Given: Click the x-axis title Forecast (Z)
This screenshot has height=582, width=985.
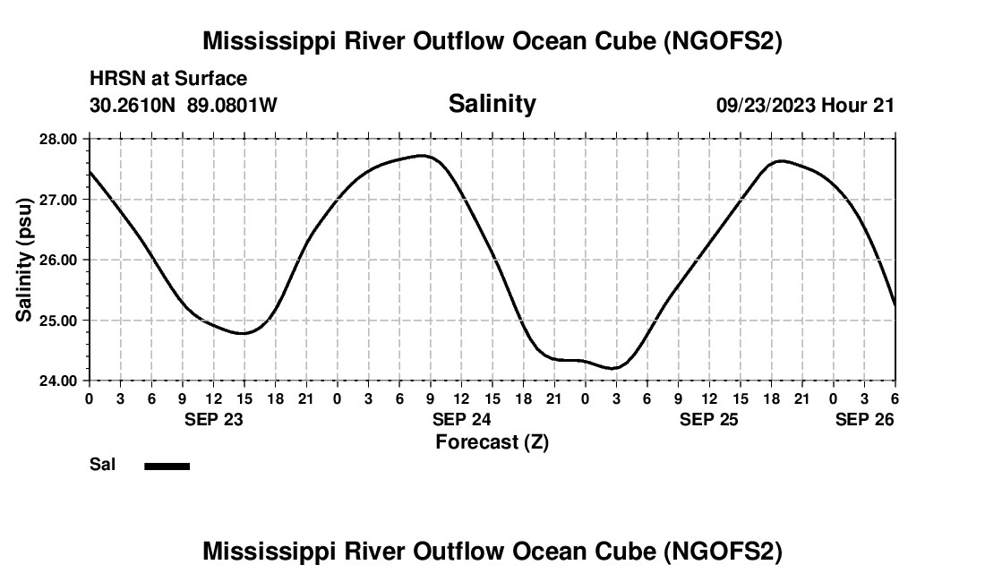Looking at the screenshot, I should click(x=492, y=441).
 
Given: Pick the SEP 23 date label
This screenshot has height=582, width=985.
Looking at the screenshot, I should click(x=214, y=419).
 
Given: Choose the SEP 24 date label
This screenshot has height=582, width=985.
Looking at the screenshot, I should click(x=461, y=419).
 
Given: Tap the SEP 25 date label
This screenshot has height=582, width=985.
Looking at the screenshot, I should click(x=709, y=419).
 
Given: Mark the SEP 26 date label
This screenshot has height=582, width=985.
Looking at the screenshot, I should click(x=864, y=419).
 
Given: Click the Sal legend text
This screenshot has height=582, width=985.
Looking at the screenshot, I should click(x=102, y=465).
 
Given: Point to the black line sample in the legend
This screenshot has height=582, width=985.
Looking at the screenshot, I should click(x=167, y=466).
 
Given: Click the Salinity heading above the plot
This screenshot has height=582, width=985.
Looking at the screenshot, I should click(x=492, y=104).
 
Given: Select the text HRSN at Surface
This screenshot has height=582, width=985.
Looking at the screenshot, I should click(x=168, y=80).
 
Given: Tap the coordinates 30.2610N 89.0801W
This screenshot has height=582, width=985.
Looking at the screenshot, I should click(x=184, y=105).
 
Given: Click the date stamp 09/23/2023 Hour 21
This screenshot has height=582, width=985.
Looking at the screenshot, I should click(x=805, y=105).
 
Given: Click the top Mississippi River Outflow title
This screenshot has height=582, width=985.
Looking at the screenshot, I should click(x=492, y=41).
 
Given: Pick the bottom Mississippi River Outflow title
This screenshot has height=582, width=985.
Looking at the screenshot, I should click(x=492, y=552).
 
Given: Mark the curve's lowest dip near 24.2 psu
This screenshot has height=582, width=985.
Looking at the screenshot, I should click(x=614, y=368).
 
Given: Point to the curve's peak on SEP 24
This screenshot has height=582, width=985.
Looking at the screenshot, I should click(x=425, y=156).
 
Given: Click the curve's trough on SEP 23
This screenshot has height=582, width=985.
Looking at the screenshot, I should click(x=244, y=333).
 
